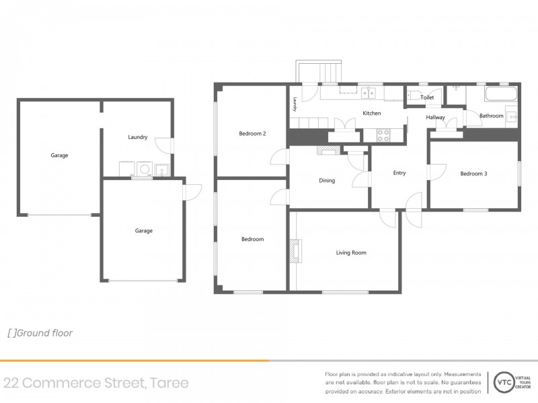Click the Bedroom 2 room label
tap(253, 134)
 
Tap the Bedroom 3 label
tap(473, 174)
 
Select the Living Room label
tap(351, 253)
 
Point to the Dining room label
tap(327, 181)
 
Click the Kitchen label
tap(372, 113)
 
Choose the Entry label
tap(399, 173)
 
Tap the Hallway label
tap(435, 117)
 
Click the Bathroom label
tap(492, 116)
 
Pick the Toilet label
tap(427, 97)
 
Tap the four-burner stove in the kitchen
tap(383, 135)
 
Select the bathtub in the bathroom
tap(500, 94)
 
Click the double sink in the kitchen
tap(369, 93)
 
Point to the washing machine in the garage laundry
tap(145, 169)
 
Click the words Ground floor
tap(44, 333)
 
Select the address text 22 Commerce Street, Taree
tap(96, 383)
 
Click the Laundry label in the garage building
tap(138, 137)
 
